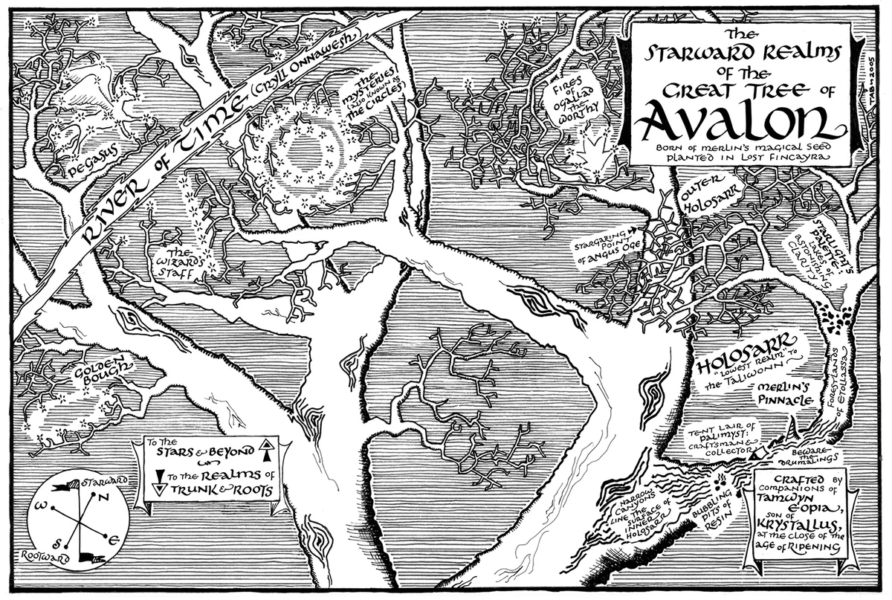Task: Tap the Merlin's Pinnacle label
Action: coord(779,394)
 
